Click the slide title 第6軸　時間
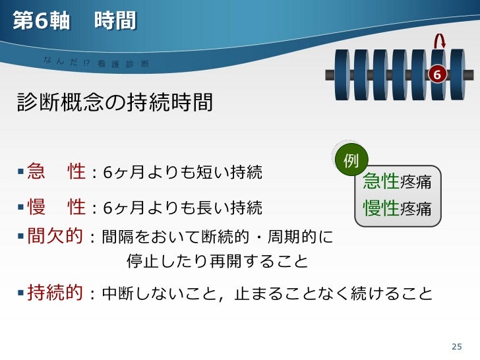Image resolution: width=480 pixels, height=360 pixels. pos(75,21)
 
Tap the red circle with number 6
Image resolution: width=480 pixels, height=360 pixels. pos(436,75)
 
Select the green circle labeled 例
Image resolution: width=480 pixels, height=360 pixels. pos(351,160)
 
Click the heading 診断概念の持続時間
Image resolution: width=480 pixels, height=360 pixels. pos(115,103)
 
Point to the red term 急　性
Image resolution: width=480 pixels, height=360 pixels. pos(56,173)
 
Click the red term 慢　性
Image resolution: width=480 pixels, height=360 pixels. pos(56,208)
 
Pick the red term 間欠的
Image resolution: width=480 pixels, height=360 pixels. pos(56,236)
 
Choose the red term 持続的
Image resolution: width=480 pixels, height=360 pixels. pos(56,293)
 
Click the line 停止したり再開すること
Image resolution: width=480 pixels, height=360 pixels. pos(217,262)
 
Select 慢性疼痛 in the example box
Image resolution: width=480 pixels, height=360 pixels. pos(397,208)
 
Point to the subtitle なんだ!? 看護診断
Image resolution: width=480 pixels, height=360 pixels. pos(96,62)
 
